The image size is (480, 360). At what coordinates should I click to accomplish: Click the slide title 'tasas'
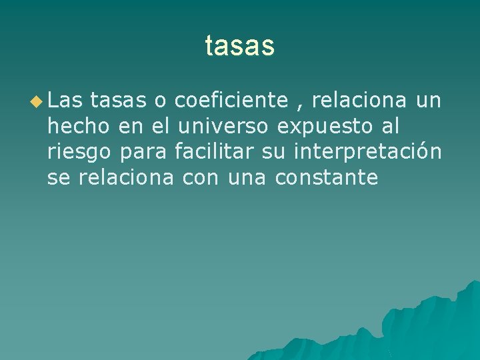[x=239, y=46]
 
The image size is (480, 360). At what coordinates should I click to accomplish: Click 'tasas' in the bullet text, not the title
[x=117, y=101]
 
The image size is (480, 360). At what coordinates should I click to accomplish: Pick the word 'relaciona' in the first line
[x=359, y=101]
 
